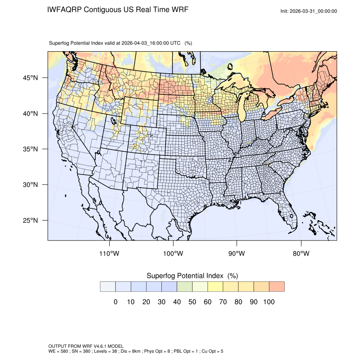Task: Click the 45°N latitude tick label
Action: click(x=30, y=78)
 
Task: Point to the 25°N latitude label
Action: click(x=30, y=221)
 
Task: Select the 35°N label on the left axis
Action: click(x=30, y=149)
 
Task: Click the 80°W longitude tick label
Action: click(x=301, y=254)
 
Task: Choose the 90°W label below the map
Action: click(x=237, y=254)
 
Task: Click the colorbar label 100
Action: click(x=269, y=302)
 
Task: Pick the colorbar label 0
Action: click(x=115, y=302)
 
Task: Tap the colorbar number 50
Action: click(x=192, y=302)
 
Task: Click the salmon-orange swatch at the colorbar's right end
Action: click(x=277, y=286)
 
